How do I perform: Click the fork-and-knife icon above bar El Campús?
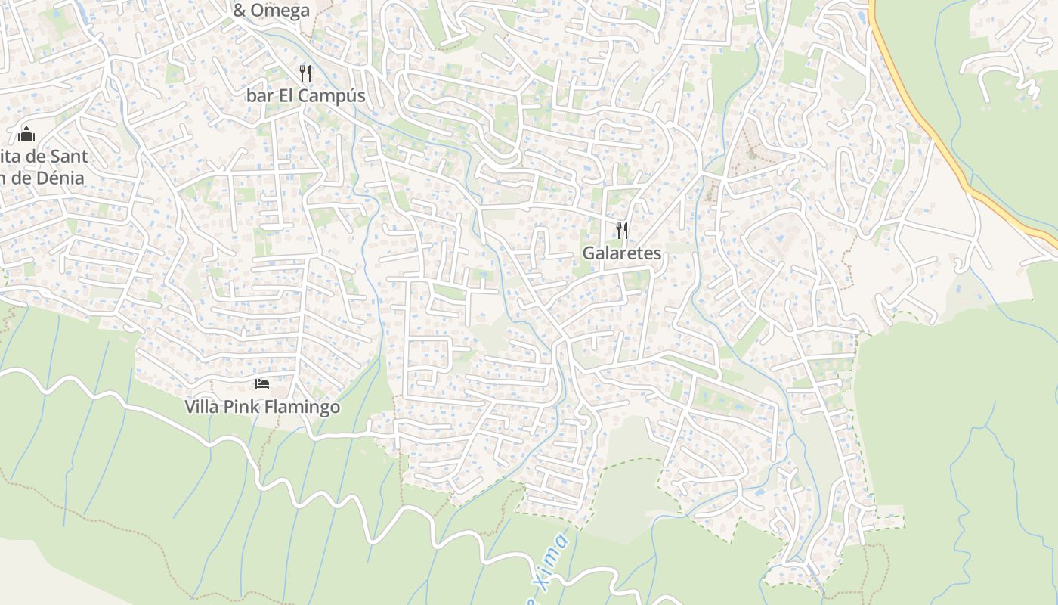coord(305,73)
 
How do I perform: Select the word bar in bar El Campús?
coord(260,96)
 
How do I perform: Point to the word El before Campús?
coord(287,96)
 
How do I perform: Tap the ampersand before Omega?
coord(240,11)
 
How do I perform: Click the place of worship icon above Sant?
coord(26,135)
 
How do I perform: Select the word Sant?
coord(69,157)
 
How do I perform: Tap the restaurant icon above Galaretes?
coord(622,230)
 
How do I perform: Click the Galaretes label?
coord(622,253)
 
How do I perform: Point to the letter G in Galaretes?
coord(588,253)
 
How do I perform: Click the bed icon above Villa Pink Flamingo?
coord(262,384)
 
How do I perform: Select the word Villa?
coord(203,407)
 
